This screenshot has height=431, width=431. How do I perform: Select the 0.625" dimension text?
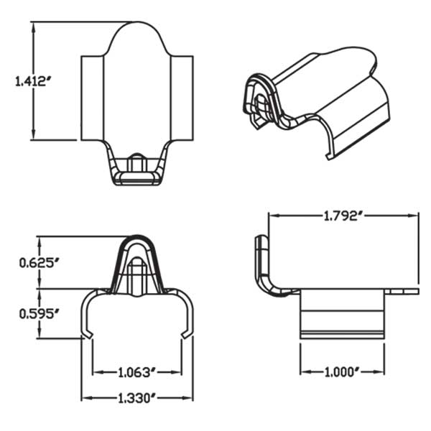click(37, 262)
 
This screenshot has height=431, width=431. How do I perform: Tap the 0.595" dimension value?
click(37, 312)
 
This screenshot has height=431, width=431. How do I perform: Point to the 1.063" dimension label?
click(136, 372)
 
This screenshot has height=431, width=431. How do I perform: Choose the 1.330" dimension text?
click(136, 397)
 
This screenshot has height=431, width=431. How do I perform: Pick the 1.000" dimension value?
click(342, 372)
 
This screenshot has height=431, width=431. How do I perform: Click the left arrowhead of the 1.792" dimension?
click(272, 215)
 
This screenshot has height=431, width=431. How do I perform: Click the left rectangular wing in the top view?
click(92, 98)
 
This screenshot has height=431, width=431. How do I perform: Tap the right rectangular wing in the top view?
click(182, 98)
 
